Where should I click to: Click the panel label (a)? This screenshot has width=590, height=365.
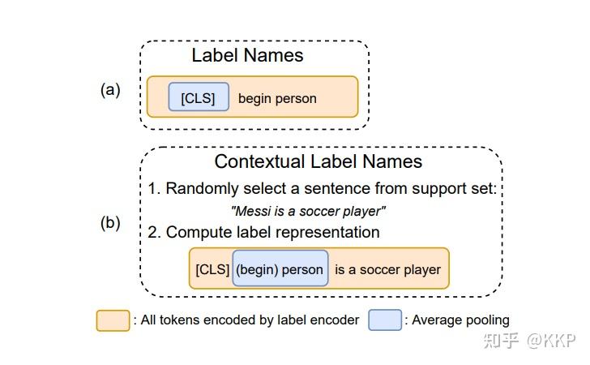(110, 90)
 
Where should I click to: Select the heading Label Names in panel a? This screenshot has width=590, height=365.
(247, 55)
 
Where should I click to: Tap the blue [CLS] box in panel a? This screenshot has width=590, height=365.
(199, 98)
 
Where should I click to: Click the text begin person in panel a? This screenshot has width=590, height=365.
(277, 99)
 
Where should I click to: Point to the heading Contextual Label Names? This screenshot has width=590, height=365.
(318, 161)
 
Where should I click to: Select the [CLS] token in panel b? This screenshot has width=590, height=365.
(212, 269)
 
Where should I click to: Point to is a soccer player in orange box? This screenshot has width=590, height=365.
(388, 269)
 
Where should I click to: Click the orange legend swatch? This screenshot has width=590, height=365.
(113, 320)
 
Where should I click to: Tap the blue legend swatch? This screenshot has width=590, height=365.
(385, 320)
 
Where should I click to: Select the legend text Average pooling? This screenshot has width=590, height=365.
(460, 320)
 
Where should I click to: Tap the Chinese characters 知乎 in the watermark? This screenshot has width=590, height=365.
(501, 341)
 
